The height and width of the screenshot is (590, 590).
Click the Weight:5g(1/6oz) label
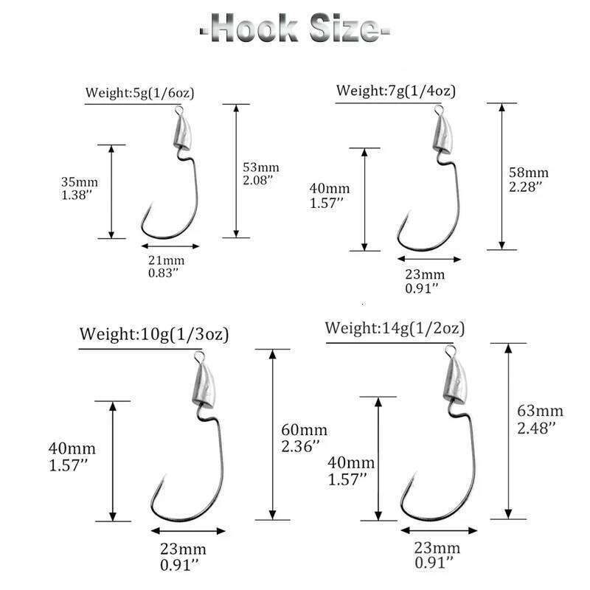[x=140, y=93]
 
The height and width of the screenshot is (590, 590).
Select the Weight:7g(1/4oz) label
[x=395, y=91]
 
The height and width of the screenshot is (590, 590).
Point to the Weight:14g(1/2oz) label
[x=395, y=328]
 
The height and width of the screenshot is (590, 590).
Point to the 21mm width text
[x=166, y=260]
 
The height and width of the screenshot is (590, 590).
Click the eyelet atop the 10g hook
[x=198, y=357]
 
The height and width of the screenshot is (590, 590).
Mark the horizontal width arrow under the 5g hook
[x=170, y=246]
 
